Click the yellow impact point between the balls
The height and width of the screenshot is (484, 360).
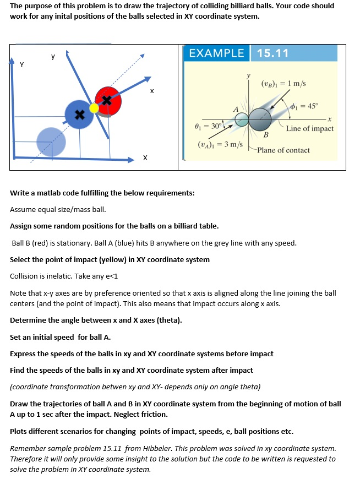point(94,108)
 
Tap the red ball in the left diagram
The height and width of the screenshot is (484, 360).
point(108,100)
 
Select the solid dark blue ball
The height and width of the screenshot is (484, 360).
point(79,115)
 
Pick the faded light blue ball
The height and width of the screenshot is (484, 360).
point(51,141)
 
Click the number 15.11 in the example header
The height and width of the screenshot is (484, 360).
point(272,53)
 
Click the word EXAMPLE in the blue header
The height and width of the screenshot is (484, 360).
point(216,53)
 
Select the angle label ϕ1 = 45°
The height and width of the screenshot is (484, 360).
point(307,106)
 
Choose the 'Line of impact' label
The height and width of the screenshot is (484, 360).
point(309,128)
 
